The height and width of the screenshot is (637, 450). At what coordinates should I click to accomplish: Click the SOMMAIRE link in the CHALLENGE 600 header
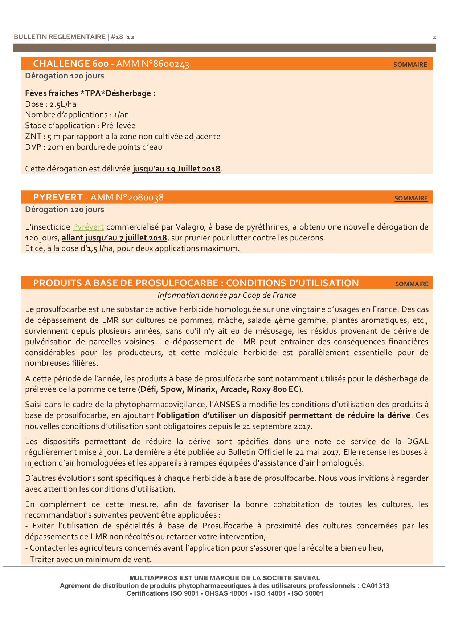410,65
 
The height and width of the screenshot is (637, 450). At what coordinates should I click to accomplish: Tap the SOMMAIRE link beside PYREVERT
411,198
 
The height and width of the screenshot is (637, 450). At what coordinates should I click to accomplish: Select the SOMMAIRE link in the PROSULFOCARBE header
412,284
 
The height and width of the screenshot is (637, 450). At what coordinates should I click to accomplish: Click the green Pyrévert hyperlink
88,227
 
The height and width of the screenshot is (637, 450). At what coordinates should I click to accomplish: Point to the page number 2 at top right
434,37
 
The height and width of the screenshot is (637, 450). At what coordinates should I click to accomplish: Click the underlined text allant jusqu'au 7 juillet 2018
114,238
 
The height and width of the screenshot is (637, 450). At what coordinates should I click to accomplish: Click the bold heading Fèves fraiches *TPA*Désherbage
90,93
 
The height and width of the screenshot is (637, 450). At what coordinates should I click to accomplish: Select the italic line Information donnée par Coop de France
226,295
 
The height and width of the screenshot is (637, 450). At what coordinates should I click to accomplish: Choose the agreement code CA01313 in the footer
375,586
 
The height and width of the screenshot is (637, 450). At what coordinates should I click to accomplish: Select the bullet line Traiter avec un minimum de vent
89,559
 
